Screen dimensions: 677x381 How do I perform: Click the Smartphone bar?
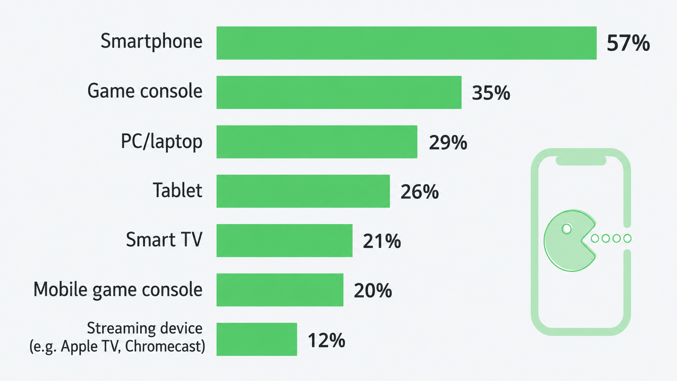[x=407, y=43]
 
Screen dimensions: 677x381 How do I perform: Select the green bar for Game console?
[x=339, y=92]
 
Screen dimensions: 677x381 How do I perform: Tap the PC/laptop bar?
[x=317, y=142]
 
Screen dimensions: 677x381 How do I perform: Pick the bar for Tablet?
[x=303, y=191]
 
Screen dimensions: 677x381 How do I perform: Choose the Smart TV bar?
[x=284, y=241]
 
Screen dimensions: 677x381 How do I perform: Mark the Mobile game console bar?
[x=280, y=290]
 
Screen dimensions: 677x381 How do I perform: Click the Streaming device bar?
[x=257, y=339]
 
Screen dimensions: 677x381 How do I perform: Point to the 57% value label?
[x=628, y=43]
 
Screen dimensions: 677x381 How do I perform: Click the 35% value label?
[x=491, y=93]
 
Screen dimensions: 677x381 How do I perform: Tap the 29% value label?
[x=448, y=142]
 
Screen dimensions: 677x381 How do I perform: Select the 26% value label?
[x=419, y=192]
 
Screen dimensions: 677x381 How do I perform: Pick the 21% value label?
[x=382, y=241]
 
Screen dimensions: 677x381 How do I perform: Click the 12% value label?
[x=326, y=340]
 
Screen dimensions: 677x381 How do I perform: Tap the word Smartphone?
[x=151, y=41]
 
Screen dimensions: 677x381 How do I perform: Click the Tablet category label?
[x=177, y=190]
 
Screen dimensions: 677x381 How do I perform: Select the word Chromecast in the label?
[x=165, y=346]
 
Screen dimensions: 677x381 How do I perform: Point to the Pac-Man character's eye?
[x=567, y=229]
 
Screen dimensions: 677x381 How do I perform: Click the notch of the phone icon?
[x=581, y=161]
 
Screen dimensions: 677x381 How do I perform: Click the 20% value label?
[x=373, y=291]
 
